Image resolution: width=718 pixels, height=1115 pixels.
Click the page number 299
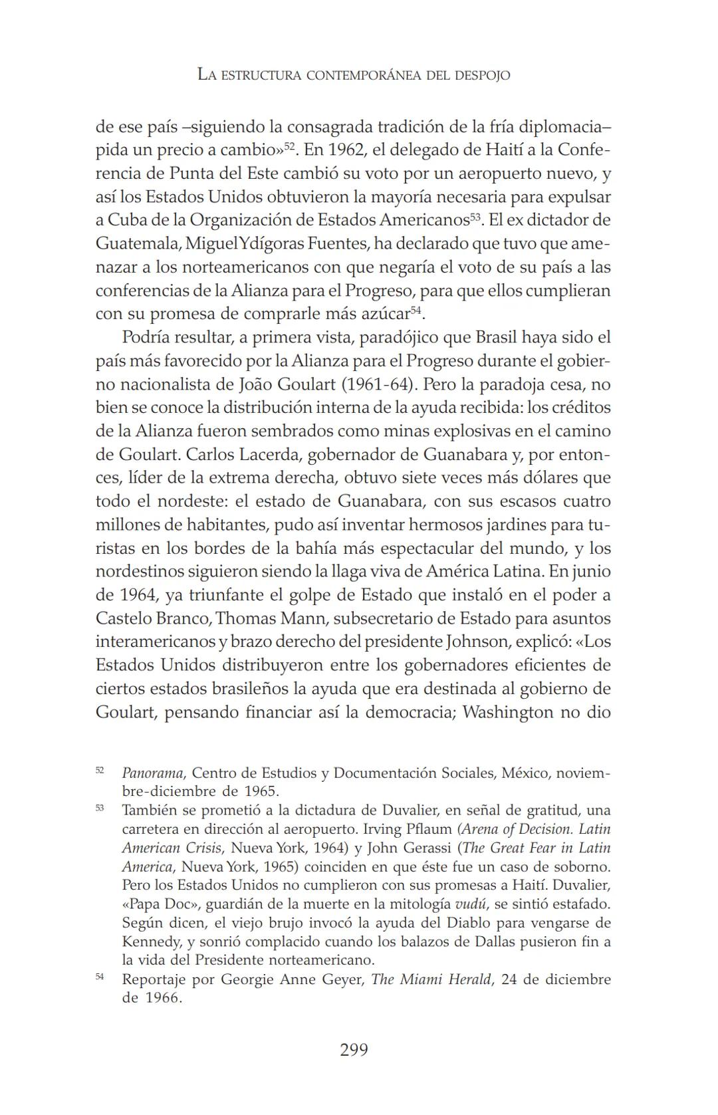354,1050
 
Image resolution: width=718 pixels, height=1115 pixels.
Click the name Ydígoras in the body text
273,243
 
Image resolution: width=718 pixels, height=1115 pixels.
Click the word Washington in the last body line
509,712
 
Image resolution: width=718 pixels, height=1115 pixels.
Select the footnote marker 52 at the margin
100,770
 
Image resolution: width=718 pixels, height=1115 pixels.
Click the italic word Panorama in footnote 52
152,773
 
